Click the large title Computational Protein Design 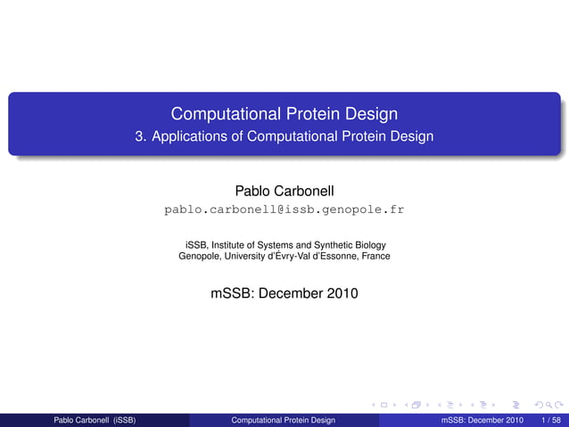click(284, 114)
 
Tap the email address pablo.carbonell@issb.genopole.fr click(284, 210)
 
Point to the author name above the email click(284, 191)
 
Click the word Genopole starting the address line click(200, 257)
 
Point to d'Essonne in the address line click(334, 257)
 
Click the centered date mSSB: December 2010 click(284, 292)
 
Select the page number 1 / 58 click(552, 419)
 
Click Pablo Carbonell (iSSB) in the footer click(95, 419)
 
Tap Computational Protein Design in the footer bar click(283, 419)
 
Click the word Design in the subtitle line click(414, 137)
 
